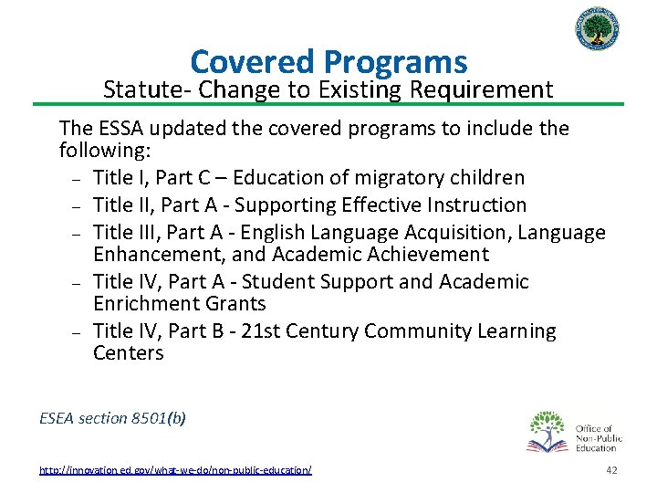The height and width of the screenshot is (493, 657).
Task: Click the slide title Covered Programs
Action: pos(328,62)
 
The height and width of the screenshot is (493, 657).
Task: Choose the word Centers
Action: pos(129,352)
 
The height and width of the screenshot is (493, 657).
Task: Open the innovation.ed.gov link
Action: pos(175,469)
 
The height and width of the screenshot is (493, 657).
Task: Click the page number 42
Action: pos(611,469)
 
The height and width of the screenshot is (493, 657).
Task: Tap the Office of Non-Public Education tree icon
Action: pos(548,431)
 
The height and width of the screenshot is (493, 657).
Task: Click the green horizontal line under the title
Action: pos(328,103)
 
